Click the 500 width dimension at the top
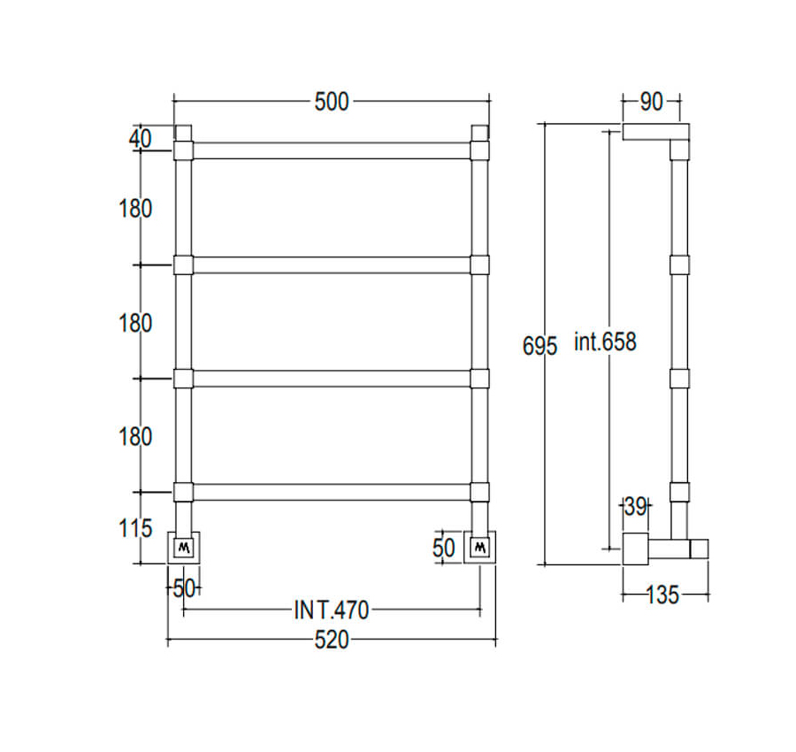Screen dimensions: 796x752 click(x=332, y=102)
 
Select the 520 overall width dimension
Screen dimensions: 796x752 click(x=332, y=640)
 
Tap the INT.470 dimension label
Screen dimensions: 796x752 click(x=332, y=610)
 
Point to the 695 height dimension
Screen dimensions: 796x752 click(x=540, y=346)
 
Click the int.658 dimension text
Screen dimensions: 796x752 click(x=605, y=341)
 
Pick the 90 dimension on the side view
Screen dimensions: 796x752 click(x=651, y=102)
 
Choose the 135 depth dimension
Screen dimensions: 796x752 click(x=663, y=595)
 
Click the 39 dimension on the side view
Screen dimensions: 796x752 click(x=635, y=506)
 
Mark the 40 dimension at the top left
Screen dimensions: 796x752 click(x=140, y=138)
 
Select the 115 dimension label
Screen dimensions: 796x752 click(x=135, y=528)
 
